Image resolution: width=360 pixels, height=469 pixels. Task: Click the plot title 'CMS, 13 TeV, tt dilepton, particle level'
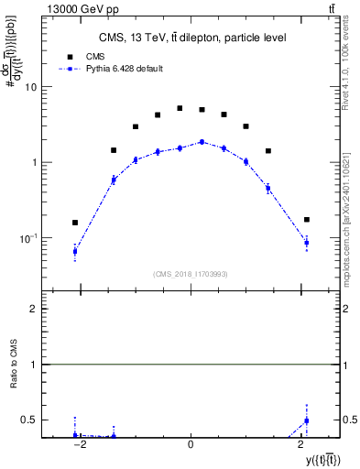pos(192,37)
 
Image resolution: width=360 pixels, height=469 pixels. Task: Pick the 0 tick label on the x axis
pos(190,444)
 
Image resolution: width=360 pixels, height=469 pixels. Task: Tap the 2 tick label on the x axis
pos(300,444)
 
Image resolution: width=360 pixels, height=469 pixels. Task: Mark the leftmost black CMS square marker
pos(75,223)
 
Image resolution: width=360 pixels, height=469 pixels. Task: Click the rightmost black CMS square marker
pos(306,220)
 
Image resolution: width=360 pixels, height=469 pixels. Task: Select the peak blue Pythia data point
pos(202,142)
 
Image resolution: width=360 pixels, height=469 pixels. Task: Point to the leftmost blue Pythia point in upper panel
pos(75,251)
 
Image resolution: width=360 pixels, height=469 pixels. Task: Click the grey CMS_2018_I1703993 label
pos(191,273)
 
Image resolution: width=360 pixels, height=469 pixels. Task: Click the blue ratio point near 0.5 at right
pos(306,420)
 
